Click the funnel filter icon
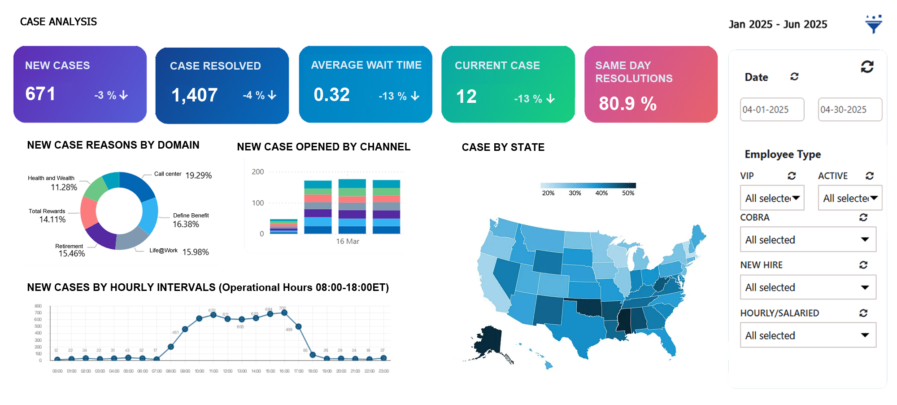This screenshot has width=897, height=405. coord(873,24)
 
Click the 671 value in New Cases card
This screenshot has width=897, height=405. coord(40,94)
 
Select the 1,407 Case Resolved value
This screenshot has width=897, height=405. coord(195,95)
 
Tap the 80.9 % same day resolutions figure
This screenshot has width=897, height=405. coord(627,104)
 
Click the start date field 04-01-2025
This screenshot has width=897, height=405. coord(771,110)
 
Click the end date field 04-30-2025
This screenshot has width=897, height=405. coord(849,110)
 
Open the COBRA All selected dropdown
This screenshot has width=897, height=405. coord(807,240)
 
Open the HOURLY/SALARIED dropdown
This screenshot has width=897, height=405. coord(807,335)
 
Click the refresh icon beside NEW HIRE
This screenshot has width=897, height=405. coord(863,265)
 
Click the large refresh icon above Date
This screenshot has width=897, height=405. coord(867,67)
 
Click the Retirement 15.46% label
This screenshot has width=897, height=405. coord(70,251)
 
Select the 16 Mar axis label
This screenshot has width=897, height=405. coord(348,242)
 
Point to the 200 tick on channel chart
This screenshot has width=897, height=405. coord(258,172)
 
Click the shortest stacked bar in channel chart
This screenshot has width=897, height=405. coord(283,226)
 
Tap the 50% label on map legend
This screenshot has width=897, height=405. coord(628,193)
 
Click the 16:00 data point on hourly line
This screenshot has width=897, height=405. coord(284,313)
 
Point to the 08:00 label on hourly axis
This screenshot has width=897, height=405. coord(171,371)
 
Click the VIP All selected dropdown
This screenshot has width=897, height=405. coord(772,198)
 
